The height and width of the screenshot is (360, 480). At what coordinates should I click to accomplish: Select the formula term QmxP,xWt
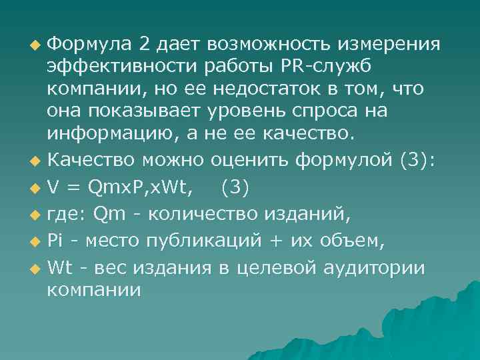point(141,189)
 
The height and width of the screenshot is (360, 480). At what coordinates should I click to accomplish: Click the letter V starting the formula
point(53,189)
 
